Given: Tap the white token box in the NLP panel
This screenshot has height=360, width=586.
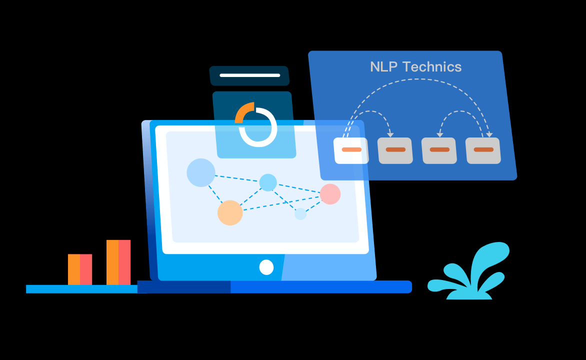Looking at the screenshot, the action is (351, 150).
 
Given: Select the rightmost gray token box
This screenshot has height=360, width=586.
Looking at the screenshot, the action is (483, 150).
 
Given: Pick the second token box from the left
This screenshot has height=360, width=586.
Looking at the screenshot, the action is (395, 150).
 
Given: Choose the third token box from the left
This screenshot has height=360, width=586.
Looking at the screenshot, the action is (439, 150).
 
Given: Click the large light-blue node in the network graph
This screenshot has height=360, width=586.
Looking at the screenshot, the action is (201, 172).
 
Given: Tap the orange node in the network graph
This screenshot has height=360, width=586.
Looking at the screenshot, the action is (230, 212).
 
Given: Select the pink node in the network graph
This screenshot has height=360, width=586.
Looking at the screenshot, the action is (330, 194).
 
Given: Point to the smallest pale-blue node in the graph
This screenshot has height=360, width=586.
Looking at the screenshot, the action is (300, 214).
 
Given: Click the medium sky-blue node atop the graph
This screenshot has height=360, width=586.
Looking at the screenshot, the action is (268, 182).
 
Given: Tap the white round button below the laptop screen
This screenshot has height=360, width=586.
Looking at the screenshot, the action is (266, 267).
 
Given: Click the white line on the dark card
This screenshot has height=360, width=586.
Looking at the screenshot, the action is (250, 75).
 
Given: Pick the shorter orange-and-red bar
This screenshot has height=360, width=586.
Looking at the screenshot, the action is (80, 269).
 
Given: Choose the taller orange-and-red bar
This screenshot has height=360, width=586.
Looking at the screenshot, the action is (118, 262).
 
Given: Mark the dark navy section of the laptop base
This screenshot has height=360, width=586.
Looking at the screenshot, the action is (184, 286).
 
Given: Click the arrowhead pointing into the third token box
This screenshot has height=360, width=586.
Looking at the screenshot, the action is (440, 135).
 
